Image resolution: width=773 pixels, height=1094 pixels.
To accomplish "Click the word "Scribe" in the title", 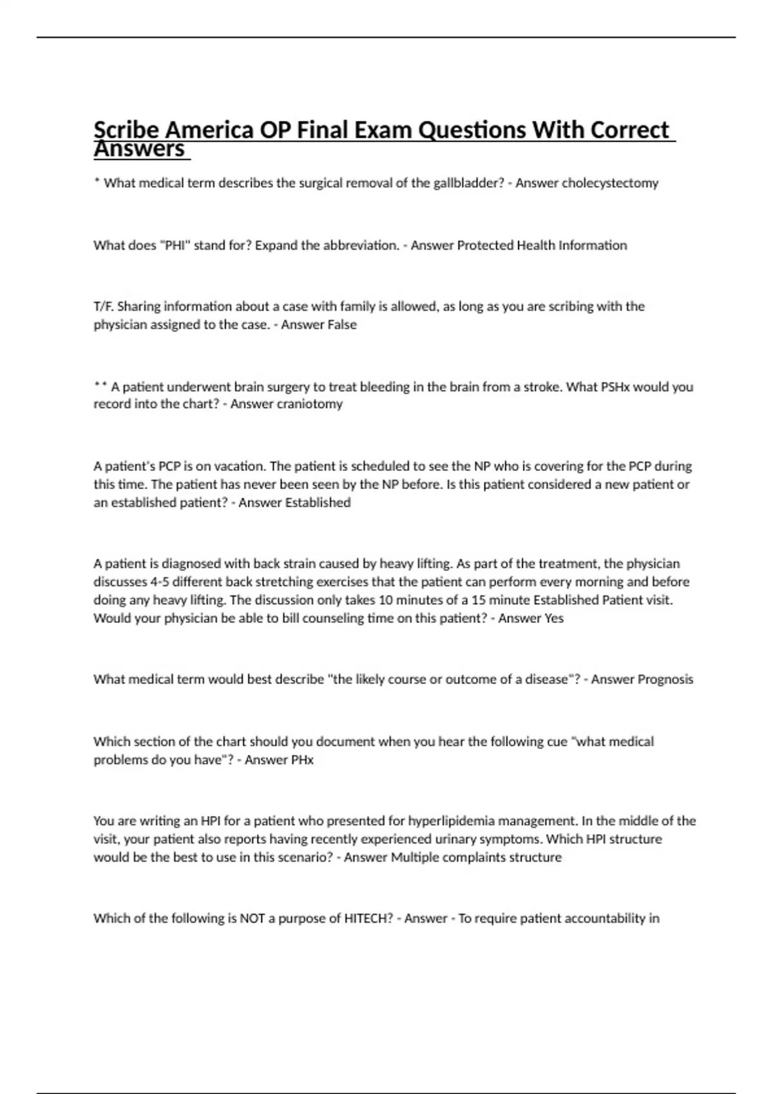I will click(x=126, y=131).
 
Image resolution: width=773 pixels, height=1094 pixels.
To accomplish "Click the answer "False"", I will click(x=341, y=325).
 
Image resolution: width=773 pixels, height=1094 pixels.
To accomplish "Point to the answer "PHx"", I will click(x=301, y=760).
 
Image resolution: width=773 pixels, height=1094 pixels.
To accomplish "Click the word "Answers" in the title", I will click(x=139, y=149).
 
